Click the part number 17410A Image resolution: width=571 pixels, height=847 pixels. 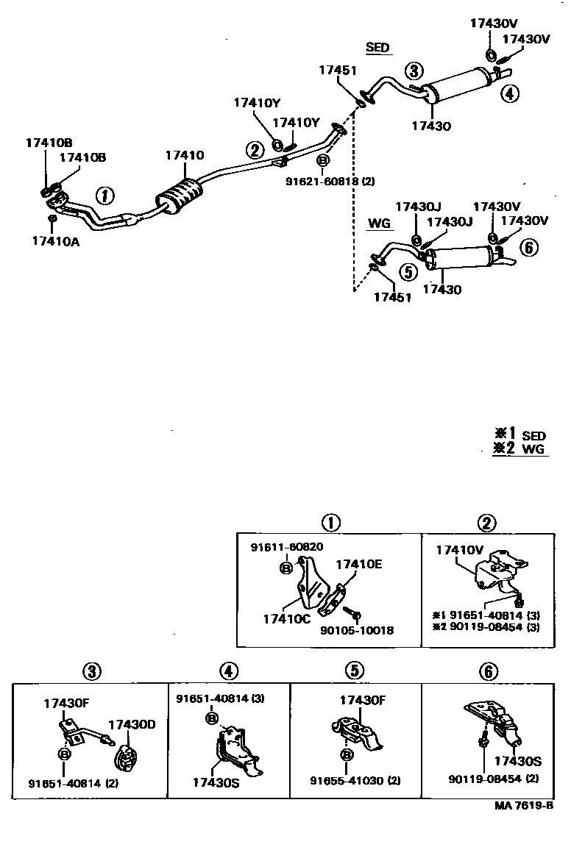coord(56,241)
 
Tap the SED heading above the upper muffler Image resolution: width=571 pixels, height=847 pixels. coord(377,47)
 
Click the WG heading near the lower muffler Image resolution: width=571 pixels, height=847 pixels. coord(379,223)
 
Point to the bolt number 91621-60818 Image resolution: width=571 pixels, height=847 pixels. coord(322,182)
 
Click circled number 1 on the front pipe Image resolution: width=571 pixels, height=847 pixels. coord(105,195)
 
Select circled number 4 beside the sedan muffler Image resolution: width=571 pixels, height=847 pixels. coord(509,93)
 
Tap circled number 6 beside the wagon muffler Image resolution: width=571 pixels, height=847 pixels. coord(529,248)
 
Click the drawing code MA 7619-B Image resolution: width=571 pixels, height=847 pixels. coord(524,805)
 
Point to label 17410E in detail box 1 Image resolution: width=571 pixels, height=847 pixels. coord(359,564)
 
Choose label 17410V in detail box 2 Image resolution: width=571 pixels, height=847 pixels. coord(460,550)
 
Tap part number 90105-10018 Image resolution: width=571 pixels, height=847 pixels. coord(357,630)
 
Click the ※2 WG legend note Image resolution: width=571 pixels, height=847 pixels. coord(519,448)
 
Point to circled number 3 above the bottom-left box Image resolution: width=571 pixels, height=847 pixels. coord(92,671)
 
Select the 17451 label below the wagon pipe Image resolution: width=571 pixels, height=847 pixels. coord(393,297)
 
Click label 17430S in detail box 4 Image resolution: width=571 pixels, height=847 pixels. coord(216,782)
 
